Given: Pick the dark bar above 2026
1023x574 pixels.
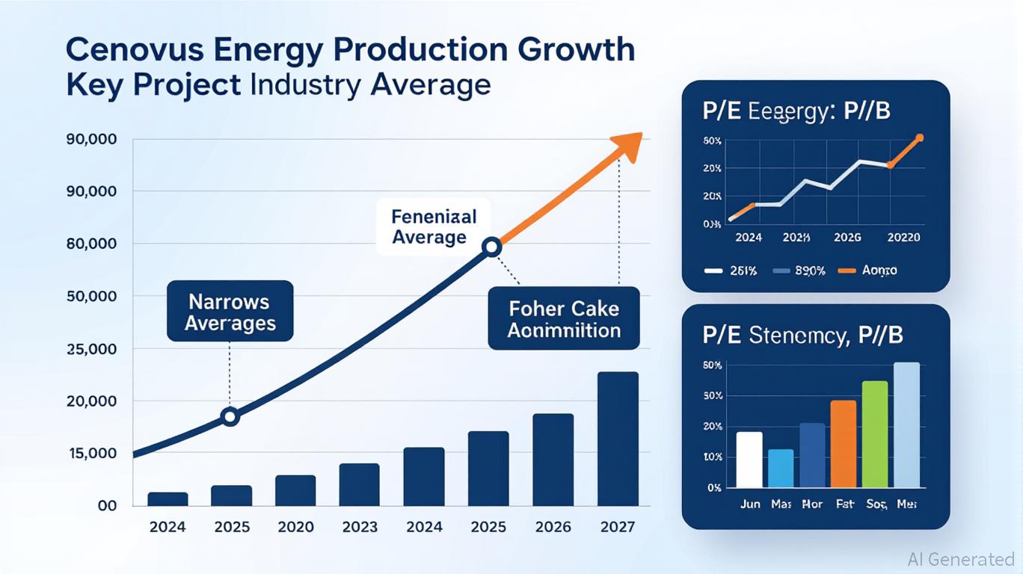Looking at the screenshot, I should pos(553,460).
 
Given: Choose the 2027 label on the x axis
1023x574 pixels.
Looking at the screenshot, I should pos(618,527).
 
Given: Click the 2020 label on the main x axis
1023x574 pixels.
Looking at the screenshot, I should pos(295,527).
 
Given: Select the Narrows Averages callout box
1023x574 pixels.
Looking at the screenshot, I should pos(230,312).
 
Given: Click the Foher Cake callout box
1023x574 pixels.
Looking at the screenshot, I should pos(564,318).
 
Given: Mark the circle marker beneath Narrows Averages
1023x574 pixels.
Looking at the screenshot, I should pos(230,416).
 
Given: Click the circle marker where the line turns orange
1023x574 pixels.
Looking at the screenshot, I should pos(491,247).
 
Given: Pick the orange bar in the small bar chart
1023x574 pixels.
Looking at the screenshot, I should pos(843,443).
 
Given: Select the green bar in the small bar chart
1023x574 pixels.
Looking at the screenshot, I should pos(875,433).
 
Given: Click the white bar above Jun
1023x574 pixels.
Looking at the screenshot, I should pos(749,459).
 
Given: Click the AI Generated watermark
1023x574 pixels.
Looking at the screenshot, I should pos(960,559).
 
